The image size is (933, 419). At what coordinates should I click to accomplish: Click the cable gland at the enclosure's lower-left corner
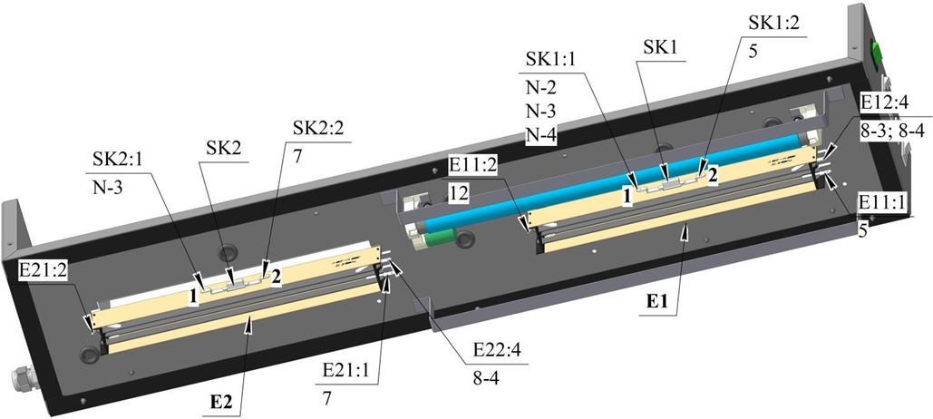click(x=18, y=376)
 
